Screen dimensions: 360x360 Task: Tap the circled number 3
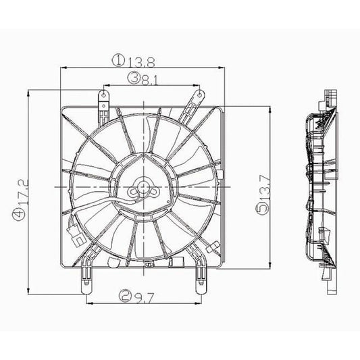(x=136, y=79)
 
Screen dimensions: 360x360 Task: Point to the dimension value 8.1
(x=151, y=79)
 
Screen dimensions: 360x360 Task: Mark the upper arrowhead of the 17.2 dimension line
(x=26, y=93)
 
